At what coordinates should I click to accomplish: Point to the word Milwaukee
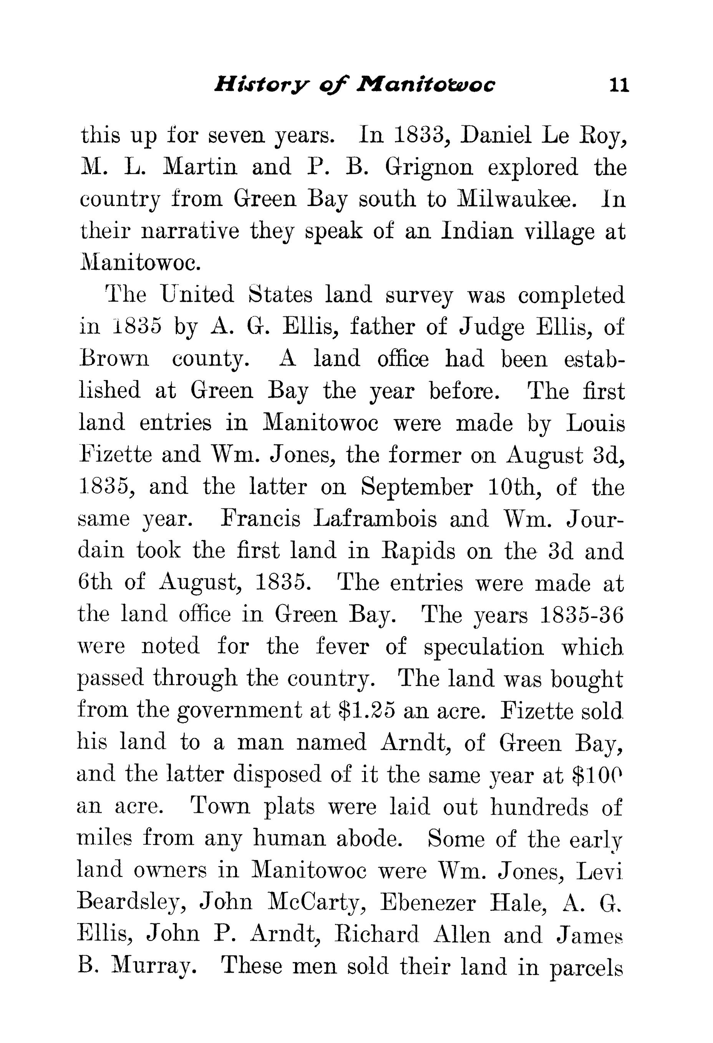click(x=516, y=199)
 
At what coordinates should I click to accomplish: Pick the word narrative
click(x=190, y=232)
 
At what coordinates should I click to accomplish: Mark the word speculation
click(x=483, y=648)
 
